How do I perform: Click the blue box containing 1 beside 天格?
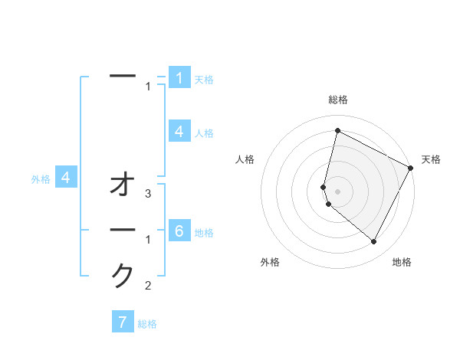pos(179,77)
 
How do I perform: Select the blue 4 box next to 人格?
pos(179,131)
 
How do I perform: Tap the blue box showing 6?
pos(179,231)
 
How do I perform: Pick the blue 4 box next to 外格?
pos(66,178)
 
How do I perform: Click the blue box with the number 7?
pos(123,322)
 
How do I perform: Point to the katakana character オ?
pos(123,185)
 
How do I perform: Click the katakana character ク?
pos(123,275)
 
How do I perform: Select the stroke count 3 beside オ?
pos(149,194)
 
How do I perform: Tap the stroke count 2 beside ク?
pos(149,286)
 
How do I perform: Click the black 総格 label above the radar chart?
pos(338,100)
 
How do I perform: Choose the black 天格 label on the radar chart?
pos(431,159)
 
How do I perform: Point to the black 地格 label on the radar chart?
pos(402,262)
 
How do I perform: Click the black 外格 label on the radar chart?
pos(270,262)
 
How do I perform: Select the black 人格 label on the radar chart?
pos(245,159)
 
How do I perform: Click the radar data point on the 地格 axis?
pos(374,242)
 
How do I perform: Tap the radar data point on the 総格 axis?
pos(337,131)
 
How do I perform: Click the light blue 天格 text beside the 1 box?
pos(203,79)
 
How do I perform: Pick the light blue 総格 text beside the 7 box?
pos(147,324)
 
